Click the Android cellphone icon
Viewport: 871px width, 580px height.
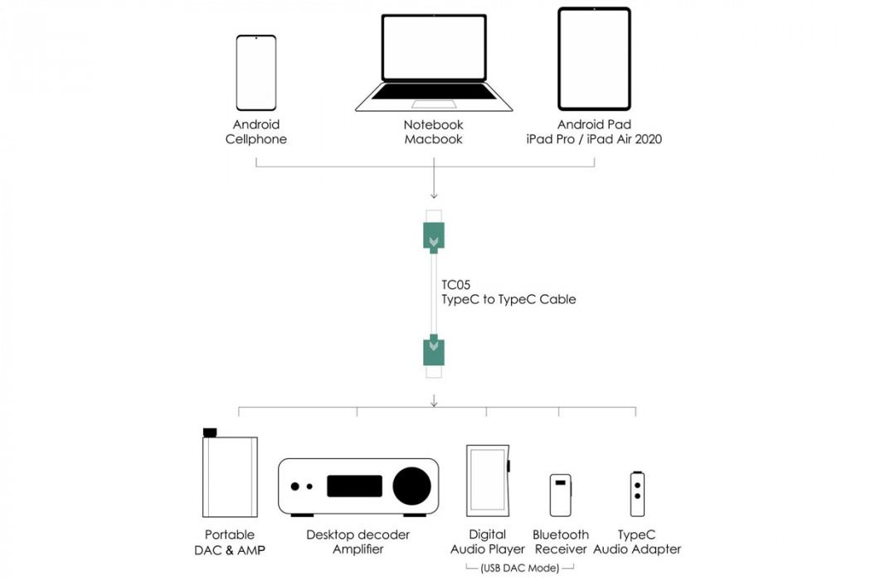[256, 73]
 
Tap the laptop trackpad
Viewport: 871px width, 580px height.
[434, 104]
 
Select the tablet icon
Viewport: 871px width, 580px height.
[595, 59]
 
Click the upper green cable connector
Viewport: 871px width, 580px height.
[434, 237]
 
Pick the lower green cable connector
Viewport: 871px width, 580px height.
[434, 350]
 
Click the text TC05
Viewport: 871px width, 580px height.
[456, 285]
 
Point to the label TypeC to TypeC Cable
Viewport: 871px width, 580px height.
[508, 300]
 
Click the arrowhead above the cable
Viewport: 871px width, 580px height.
[434, 196]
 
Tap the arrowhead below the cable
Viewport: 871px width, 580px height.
[434, 403]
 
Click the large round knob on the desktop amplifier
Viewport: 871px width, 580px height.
[411, 486]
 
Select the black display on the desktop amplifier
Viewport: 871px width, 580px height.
[354, 486]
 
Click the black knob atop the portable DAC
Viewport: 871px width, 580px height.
[209, 433]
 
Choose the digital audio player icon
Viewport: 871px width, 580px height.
[489, 481]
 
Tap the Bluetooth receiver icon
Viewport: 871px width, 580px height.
[561, 495]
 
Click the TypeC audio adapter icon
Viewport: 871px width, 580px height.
[637, 494]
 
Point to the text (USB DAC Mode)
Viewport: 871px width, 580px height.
[520, 568]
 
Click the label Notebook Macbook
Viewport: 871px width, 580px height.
[433, 132]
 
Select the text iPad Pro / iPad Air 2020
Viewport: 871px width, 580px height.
[595, 139]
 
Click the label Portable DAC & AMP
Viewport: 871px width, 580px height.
[230, 542]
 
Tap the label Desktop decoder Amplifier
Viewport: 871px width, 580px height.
[358, 542]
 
